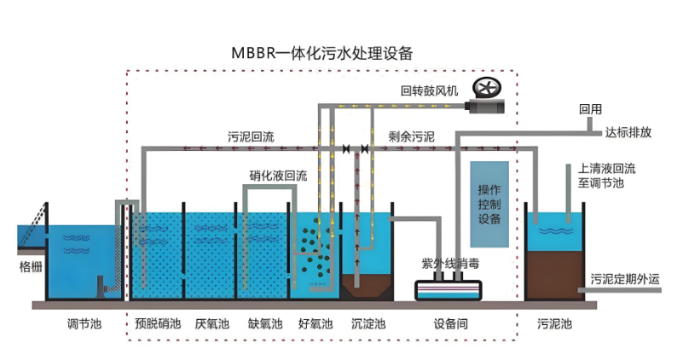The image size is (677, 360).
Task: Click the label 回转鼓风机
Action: pyautogui.click(x=430, y=90)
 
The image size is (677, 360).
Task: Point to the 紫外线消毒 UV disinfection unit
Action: pyautogui.click(x=448, y=288)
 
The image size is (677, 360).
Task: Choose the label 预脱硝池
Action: pyautogui.click(x=159, y=324)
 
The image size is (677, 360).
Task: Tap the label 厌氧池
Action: pyautogui.click(x=211, y=324)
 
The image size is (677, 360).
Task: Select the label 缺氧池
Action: pyautogui.click(x=264, y=324)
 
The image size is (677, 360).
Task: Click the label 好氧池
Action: pyautogui.click(x=315, y=324)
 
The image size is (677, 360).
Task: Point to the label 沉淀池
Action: pyautogui.click(x=368, y=324)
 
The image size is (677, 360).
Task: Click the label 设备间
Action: pyautogui.click(x=449, y=324)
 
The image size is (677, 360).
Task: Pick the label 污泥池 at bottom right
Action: pyautogui.click(x=554, y=324)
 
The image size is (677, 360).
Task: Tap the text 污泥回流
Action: pyautogui.click(x=251, y=136)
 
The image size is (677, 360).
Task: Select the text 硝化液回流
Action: pyautogui.click(x=278, y=177)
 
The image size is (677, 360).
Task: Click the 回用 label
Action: pyautogui.click(x=590, y=109)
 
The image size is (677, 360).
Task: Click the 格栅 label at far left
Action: pyautogui.click(x=31, y=266)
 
